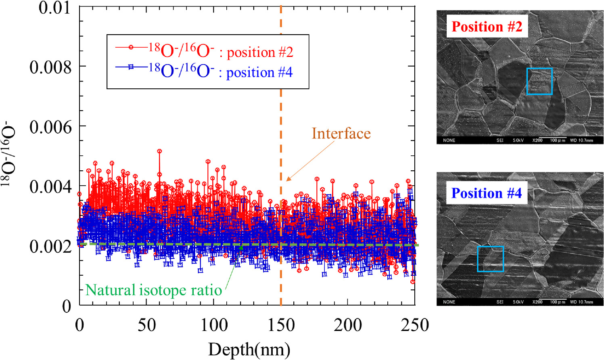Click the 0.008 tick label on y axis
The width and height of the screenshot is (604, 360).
(x=50, y=67)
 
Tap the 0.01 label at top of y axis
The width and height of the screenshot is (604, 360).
(x=54, y=8)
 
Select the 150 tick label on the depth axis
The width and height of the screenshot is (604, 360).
(x=281, y=325)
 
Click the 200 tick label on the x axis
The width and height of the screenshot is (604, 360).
(x=348, y=325)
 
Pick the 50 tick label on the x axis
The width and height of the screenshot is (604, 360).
(x=146, y=325)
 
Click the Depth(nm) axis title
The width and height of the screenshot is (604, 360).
(x=249, y=350)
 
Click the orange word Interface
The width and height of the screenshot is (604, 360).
(x=341, y=134)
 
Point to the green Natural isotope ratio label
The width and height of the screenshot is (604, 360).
(x=153, y=290)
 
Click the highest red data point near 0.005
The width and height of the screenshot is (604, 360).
(x=159, y=151)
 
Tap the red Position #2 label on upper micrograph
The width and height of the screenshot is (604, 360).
(x=487, y=27)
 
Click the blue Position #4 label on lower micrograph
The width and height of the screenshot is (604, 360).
(x=486, y=193)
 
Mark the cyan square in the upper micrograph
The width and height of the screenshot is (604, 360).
(x=539, y=81)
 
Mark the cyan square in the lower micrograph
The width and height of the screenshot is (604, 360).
(x=490, y=259)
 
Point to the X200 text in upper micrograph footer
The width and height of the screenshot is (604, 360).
(x=537, y=140)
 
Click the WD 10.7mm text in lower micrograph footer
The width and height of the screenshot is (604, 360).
(x=581, y=302)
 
